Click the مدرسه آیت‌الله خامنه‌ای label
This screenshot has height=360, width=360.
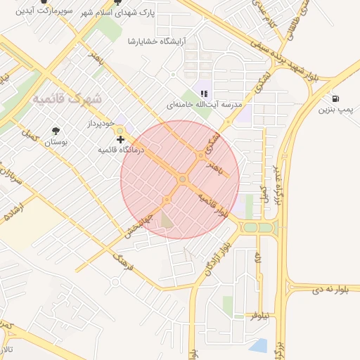[x=204, y=104]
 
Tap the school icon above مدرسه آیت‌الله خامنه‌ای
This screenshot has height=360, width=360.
[x=204, y=93]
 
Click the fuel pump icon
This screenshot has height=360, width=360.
[x=335, y=98]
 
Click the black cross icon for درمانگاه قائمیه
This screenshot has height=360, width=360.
[x=120, y=140]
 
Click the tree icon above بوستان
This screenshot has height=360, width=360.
[x=56, y=131]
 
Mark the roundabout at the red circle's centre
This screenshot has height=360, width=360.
[x=182, y=180]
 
